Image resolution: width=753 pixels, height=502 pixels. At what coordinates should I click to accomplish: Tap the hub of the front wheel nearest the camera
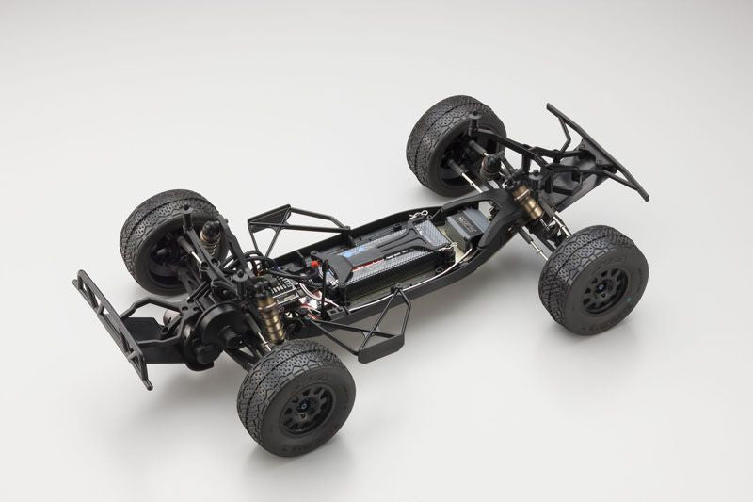595,296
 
